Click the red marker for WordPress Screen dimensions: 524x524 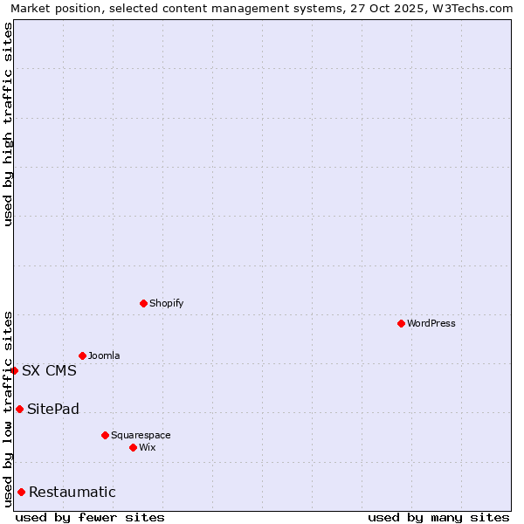401,323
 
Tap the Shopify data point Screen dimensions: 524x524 143,303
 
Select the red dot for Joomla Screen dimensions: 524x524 82,355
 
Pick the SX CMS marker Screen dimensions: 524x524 14,370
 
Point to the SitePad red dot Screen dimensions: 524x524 19,409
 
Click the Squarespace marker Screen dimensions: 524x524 105,435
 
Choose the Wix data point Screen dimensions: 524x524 133,447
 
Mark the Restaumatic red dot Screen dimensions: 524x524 21,492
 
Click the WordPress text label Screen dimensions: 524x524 431,323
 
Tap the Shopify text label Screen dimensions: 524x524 167,303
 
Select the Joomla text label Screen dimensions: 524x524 104,355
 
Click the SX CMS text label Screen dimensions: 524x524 49,370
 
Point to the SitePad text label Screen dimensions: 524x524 53,409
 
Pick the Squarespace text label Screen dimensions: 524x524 141,435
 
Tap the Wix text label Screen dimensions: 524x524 148,447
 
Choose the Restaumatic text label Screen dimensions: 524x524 72,492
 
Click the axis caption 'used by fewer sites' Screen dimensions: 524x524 90,517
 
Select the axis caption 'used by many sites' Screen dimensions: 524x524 438,517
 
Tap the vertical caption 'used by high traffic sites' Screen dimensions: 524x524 8,124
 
